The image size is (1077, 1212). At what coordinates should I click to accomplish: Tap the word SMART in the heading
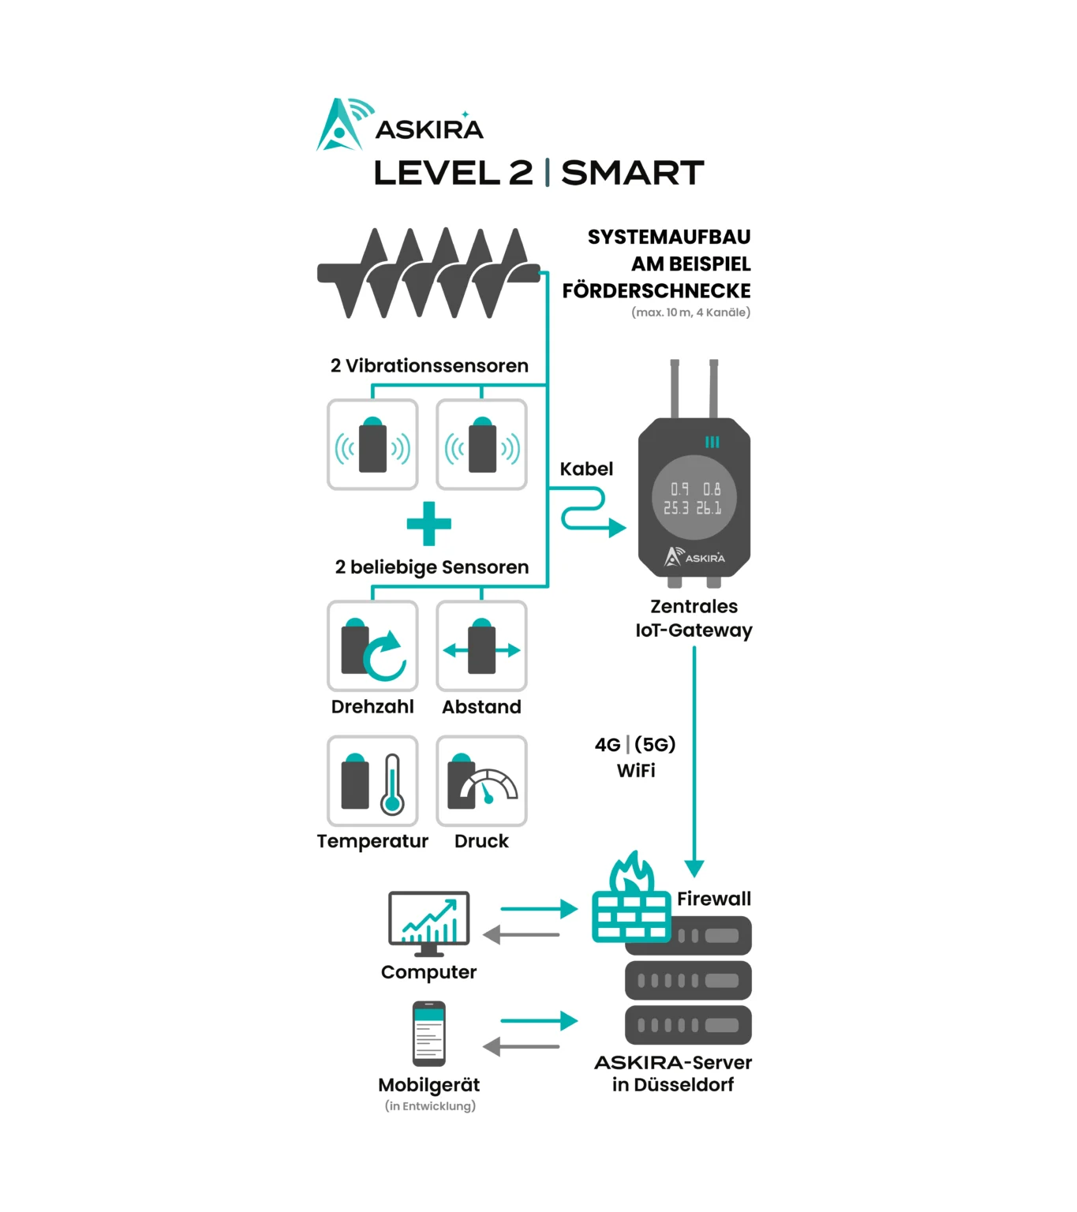(632, 173)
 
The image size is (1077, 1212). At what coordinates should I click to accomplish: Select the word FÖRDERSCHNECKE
(656, 291)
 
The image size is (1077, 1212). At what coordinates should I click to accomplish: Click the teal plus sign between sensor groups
(428, 524)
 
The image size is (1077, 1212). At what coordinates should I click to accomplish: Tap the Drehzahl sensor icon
(372, 646)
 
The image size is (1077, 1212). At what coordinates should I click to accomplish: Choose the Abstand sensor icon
(481, 646)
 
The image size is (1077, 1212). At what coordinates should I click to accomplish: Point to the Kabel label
(586, 469)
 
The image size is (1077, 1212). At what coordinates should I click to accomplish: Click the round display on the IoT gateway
(694, 498)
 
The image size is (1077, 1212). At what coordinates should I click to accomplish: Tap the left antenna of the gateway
(675, 388)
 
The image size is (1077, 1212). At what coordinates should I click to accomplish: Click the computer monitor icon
(428, 922)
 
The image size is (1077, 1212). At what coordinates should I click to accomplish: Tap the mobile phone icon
(428, 1034)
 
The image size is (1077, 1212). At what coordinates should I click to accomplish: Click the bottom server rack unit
(688, 1025)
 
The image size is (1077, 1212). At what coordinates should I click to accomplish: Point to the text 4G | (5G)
(635, 744)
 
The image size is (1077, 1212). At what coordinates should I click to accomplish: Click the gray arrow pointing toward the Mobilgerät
(522, 1047)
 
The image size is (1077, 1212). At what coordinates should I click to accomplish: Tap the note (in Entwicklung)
(430, 1106)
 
